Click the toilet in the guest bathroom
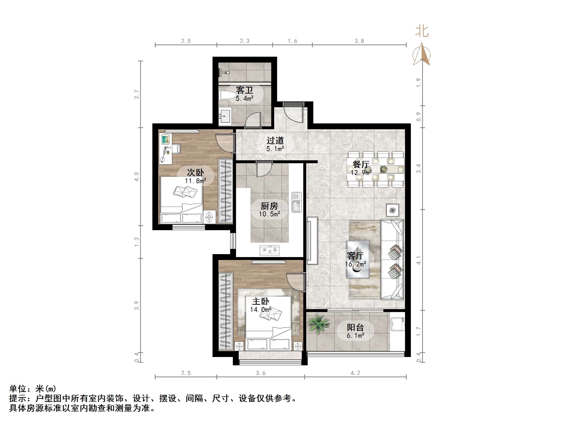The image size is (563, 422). pyautogui.click(x=225, y=96)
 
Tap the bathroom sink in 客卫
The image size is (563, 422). pyautogui.click(x=225, y=116)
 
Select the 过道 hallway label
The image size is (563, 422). pyautogui.click(x=275, y=141)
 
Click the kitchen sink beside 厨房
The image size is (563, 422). pyautogui.click(x=296, y=202)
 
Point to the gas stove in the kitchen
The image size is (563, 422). pyautogui.click(x=270, y=250)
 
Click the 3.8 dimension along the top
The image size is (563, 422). pyautogui.click(x=359, y=41)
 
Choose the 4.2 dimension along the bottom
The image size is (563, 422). pyautogui.click(x=355, y=373)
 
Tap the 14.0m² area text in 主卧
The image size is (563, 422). pyautogui.click(x=260, y=310)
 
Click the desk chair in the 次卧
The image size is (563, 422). pyautogui.click(x=176, y=149)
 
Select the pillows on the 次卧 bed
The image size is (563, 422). pyautogui.click(x=185, y=191)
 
